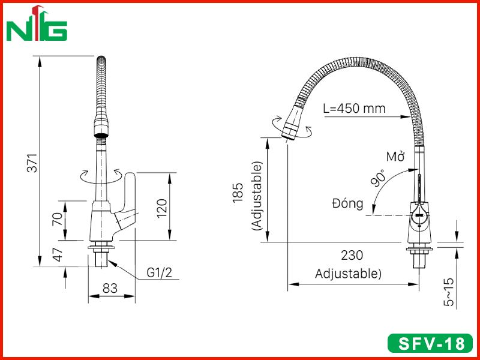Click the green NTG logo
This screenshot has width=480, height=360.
(x=37, y=23)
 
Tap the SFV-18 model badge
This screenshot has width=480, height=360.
(x=430, y=343)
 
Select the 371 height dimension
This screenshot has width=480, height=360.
(x=32, y=163)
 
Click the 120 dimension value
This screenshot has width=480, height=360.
(x=162, y=208)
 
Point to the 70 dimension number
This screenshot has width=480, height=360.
(x=57, y=219)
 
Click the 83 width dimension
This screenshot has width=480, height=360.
(x=110, y=288)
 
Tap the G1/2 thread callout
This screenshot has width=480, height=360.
(x=159, y=273)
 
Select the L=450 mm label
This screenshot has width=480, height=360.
(x=354, y=109)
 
